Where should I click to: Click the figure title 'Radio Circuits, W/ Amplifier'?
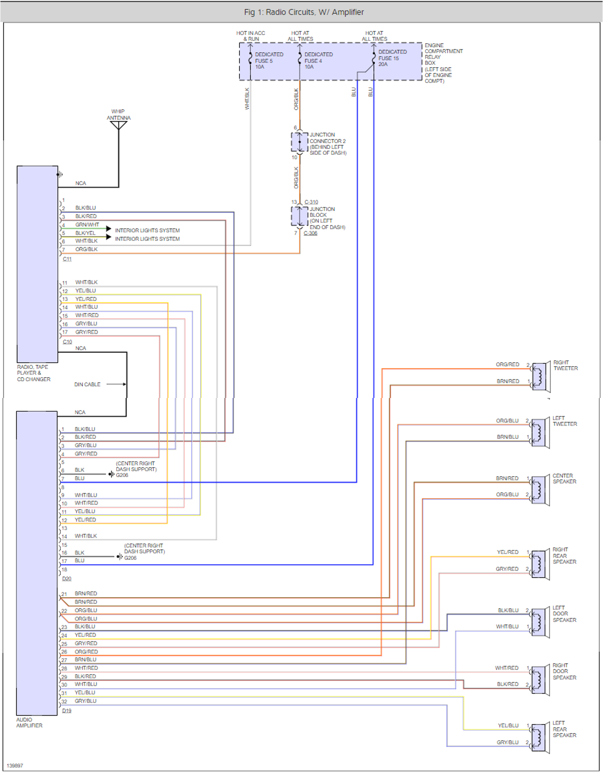point(304,12)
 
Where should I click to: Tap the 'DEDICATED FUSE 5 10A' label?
point(268,60)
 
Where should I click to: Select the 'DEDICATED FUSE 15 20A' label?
point(392,58)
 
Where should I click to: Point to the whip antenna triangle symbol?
point(118,125)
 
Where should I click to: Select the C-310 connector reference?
point(311,202)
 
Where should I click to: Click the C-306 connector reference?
point(310,233)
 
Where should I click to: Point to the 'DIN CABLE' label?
point(87,384)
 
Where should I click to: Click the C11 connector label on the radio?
point(67,259)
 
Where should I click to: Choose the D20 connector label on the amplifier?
point(67,579)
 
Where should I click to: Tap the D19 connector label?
point(67,711)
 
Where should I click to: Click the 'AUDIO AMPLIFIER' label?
point(29,723)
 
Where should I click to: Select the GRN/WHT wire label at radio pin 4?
point(87,224)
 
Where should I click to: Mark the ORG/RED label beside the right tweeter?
point(507,364)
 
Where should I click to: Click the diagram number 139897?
point(15,766)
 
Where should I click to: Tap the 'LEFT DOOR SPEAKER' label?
point(564,614)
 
